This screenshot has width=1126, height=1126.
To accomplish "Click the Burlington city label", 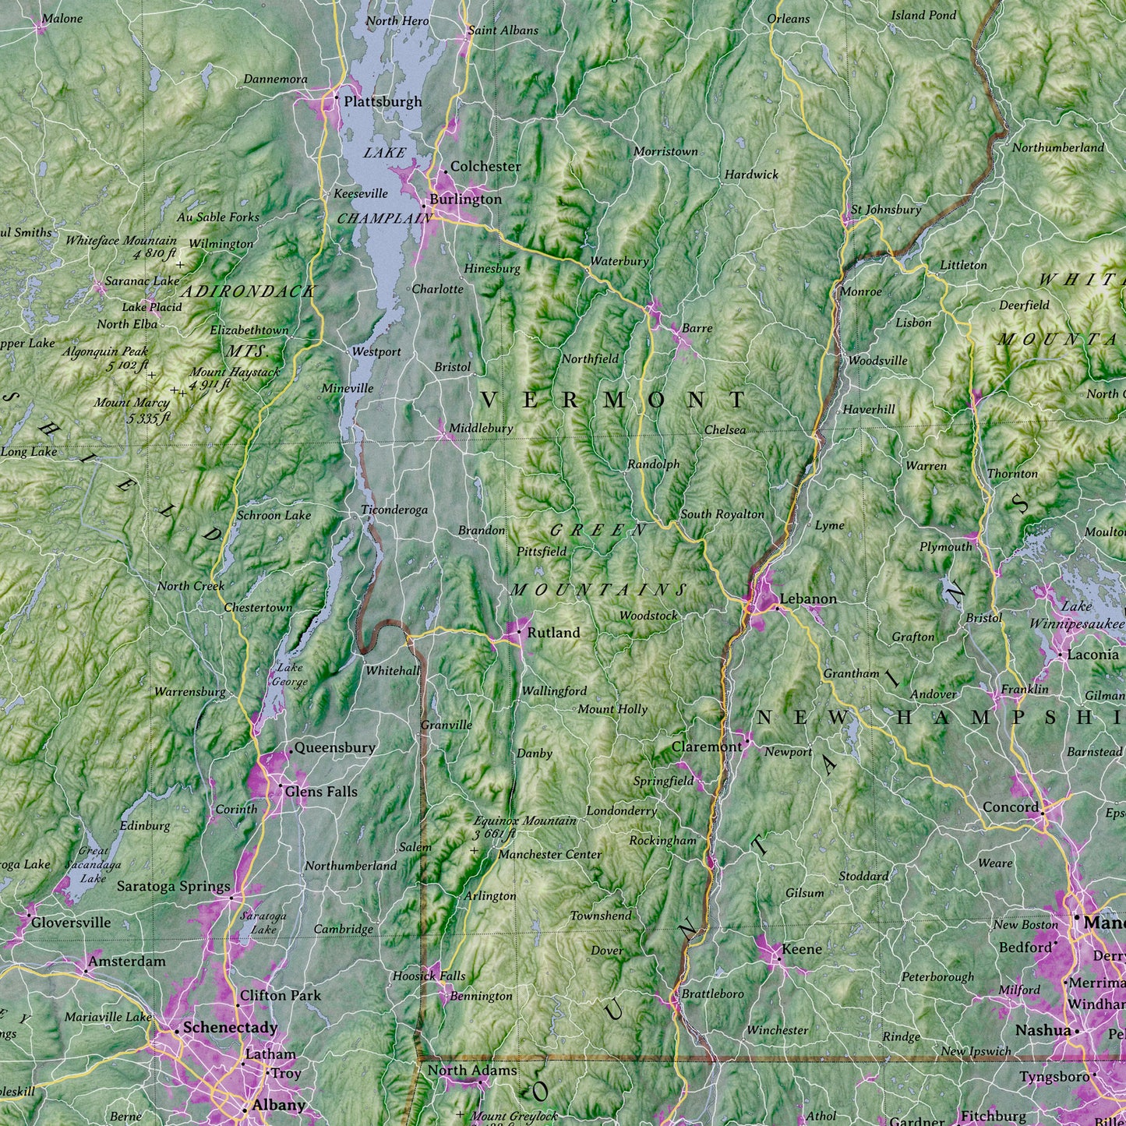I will tap(465, 199).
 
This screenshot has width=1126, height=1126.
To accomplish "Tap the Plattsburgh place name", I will tap(383, 101).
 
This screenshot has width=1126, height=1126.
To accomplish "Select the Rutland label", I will tap(553, 633).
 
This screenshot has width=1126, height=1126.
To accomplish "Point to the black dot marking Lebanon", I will tap(776, 608).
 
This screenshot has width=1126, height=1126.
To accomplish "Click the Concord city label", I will tap(1011, 807).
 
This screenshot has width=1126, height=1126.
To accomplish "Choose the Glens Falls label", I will tap(321, 792).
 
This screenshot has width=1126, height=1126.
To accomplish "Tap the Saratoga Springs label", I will tap(173, 886).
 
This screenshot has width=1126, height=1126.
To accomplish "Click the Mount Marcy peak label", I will tap(132, 410).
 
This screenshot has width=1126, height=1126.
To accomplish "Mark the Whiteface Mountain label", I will tap(121, 246).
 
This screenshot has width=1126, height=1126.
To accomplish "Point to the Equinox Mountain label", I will tap(524, 826).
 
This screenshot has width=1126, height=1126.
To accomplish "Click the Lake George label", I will tap(289, 675).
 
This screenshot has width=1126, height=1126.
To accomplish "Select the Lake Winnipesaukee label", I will tap(1076, 616).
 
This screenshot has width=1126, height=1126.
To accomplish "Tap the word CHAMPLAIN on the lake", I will tap(383, 219).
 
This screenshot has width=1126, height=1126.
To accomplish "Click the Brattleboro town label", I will tap(712, 994).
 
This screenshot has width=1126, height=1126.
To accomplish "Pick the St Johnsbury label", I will tap(885, 210).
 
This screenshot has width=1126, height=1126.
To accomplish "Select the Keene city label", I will tap(801, 949).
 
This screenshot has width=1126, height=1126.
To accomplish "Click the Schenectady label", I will tap(230, 1028).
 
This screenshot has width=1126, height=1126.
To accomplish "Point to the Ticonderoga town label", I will tap(394, 510).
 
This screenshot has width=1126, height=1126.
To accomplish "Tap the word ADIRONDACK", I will tap(248, 291).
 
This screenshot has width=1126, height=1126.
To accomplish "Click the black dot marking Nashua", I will tap(1077, 1031).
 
